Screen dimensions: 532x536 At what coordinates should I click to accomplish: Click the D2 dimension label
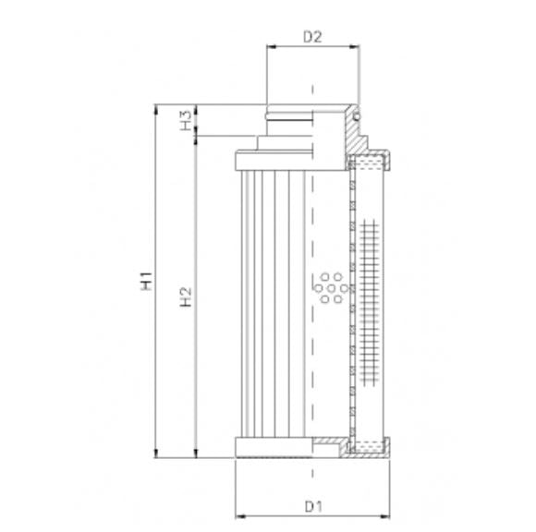(312, 37)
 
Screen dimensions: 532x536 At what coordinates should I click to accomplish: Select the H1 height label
(145, 283)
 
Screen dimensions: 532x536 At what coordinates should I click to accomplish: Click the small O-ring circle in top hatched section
(356, 116)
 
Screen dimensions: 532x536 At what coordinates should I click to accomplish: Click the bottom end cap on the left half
(274, 448)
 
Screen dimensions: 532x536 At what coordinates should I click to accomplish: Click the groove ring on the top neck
(288, 118)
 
